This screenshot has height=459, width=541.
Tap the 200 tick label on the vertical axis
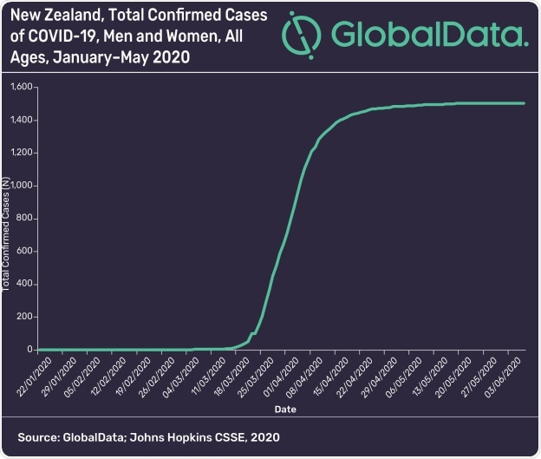pyautogui.click(x=23, y=317)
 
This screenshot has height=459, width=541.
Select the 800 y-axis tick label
pyautogui.click(x=23, y=219)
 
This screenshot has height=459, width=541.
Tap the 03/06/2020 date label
pyautogui.click(x=508, y=373)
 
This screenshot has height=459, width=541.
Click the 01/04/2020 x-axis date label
pyautogui.click(x=277, y=373)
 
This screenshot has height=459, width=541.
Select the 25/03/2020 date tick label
pyautogui.click(x=252, y=373)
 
